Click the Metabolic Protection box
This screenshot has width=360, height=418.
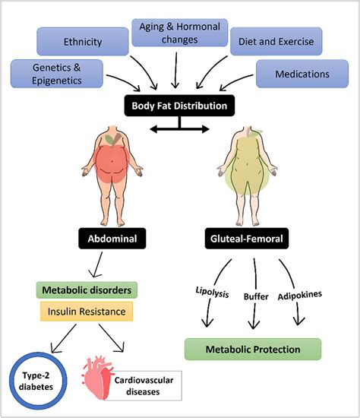252,350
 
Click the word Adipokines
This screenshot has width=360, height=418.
302,291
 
